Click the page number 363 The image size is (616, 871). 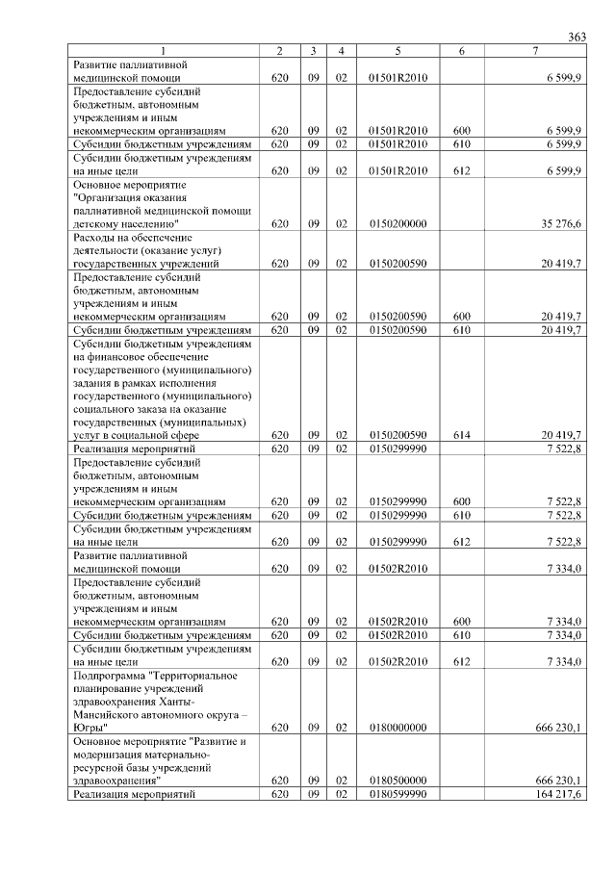pyautogui.click(x=577, y=37)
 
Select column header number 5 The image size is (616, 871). pyautogui.click(x=398, y=51)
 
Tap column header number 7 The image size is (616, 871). pyautogui.click(x=535, y=51)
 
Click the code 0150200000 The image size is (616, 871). pyautogui.click(x=398, y=223)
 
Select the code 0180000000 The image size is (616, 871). pyautogui.click(x=398, y=729)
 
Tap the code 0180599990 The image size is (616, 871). pyautogui.click(x=398, y=794)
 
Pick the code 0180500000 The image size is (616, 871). pyautogui.click(x=398, y=781)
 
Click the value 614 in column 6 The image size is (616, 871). pyautogui.click(x=461, y=435)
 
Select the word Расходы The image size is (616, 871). pyautogui.click(x=94, y=237)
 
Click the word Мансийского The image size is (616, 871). pyautogui.click(x=109, y=715)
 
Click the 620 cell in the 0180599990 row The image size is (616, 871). pyautogui.click(x=279, y=794)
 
